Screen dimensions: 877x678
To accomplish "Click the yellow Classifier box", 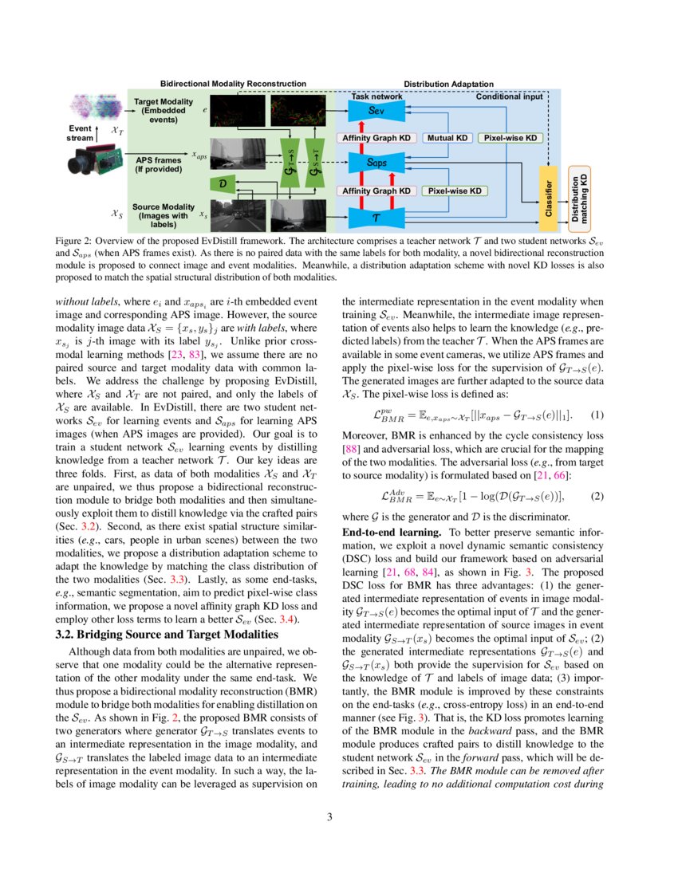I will click(549, 195).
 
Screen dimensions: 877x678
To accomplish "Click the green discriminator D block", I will click(223, 184).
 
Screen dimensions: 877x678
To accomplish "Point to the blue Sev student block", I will click(376, 112).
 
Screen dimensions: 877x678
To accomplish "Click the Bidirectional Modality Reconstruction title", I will click(233, 83).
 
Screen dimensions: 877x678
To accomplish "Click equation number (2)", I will click(597, 496).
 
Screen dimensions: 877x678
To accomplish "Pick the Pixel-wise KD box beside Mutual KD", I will click(510, 138).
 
